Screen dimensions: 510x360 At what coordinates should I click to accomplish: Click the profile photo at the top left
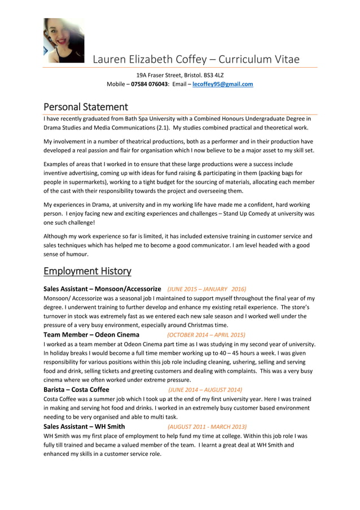point(63,41)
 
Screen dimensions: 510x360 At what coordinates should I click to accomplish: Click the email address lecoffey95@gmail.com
point(222,84)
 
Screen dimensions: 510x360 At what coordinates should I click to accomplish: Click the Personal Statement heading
point(86,107)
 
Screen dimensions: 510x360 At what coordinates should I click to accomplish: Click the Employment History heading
point(87,271)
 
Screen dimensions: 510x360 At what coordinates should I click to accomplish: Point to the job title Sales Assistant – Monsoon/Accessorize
point(102,289)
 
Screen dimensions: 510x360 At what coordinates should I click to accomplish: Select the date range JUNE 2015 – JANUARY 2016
point(207,289)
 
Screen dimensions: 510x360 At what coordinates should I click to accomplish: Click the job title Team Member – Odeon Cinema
point(91,334)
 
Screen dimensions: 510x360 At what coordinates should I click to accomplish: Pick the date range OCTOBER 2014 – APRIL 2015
point(206,334)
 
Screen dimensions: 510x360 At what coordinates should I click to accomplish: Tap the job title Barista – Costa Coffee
point(76,390)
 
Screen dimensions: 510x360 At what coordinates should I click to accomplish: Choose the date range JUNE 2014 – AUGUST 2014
point(205,390)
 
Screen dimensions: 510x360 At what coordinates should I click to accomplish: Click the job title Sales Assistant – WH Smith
point(84,426)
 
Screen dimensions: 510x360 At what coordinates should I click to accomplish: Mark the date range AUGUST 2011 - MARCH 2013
point(207,426)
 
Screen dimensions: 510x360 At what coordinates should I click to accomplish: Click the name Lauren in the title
point(110,59)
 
